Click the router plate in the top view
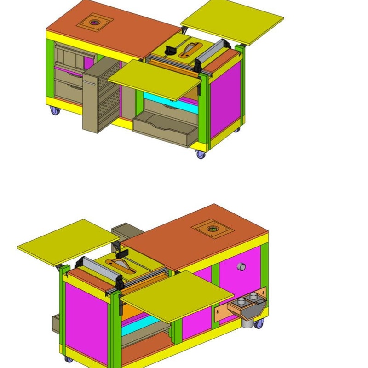95,22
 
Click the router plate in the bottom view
212,228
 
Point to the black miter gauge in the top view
172,49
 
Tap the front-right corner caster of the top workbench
201,155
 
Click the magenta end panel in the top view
225,99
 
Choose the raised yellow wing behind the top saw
232,21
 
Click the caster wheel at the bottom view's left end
69,359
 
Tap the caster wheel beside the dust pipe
260,324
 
